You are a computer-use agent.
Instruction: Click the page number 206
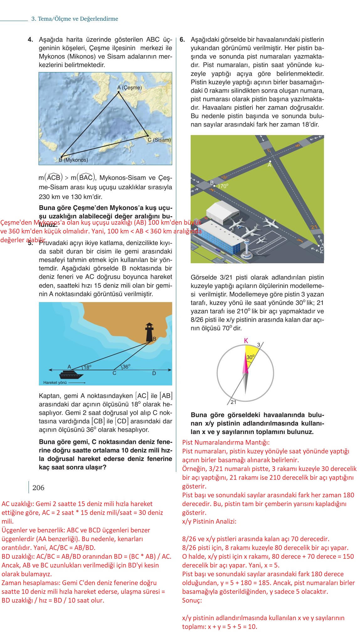coord(38,488)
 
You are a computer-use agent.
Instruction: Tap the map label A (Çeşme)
coord(129,88)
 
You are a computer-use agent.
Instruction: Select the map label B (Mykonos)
coord(73,160)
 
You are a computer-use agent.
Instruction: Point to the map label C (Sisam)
coord(159,140)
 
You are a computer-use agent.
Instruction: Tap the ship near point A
coord(71,375)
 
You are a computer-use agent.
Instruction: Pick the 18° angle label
coord(87,367)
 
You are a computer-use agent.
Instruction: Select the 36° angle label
coord(126,366)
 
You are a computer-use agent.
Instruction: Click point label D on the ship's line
coord(154,374)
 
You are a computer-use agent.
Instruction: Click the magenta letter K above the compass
coord(246,341)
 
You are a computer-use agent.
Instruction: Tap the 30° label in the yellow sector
coord(250,357)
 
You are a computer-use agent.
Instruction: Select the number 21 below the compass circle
coord(233,402)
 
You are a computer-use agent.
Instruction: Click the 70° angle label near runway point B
coord(224,186)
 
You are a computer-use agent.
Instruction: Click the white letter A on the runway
coord(269,165)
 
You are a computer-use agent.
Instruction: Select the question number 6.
coord(183,40)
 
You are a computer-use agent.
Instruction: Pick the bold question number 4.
coord(30,40)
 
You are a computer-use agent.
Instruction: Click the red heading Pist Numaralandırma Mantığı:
coord(226,442)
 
